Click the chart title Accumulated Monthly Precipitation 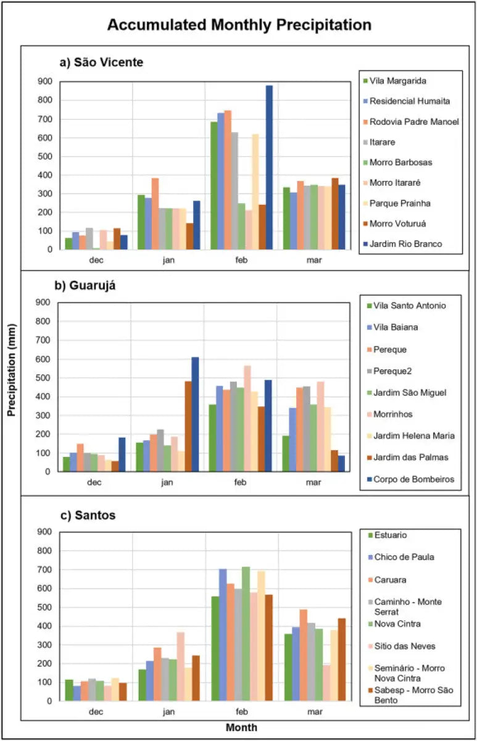(x=239, y=25)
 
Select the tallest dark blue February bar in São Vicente (x=269, y=167)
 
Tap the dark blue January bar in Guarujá (x=195, y=414)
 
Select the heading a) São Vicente (x=101, y=62)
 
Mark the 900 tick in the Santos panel (x=44, y=532)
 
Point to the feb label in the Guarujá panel (x=240, y=482)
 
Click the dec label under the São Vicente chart (x=96, y=261)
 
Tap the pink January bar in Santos (x=180, y=666)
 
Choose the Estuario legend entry (x=390, y=535)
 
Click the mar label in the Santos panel (x=313, y=711)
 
